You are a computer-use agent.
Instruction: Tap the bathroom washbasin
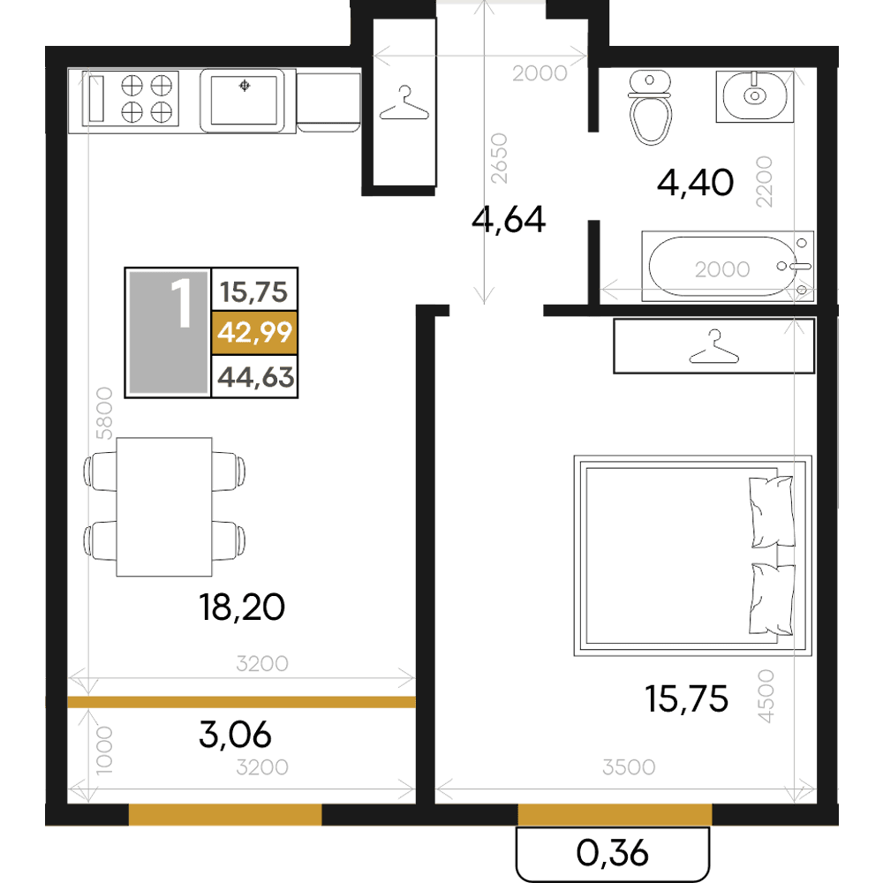[755, 96]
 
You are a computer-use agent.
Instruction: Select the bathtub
[728, 267]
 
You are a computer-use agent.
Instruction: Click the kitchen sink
[244, 101]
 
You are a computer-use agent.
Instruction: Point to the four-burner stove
[131, 99]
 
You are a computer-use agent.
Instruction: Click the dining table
[164, 507]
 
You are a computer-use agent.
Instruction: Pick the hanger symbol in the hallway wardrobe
[404, 103]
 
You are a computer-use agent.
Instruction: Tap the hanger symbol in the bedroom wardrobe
[714, 347]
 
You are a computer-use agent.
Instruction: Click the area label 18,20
[242, 608]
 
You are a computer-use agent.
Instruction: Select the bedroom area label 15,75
[686, 698]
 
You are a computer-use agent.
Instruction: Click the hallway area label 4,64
[509, 220]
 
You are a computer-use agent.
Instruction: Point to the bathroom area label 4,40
[696, 183]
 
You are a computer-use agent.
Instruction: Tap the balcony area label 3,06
[236, 735]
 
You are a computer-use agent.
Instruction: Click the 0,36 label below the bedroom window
[613, 853]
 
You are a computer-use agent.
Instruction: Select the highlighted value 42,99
[254, 332]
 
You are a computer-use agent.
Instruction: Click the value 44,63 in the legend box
[256, 377]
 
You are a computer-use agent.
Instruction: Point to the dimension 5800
[104, 412]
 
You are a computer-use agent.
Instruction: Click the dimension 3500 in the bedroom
[629, 767]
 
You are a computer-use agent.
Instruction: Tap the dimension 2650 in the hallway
[499, 158]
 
